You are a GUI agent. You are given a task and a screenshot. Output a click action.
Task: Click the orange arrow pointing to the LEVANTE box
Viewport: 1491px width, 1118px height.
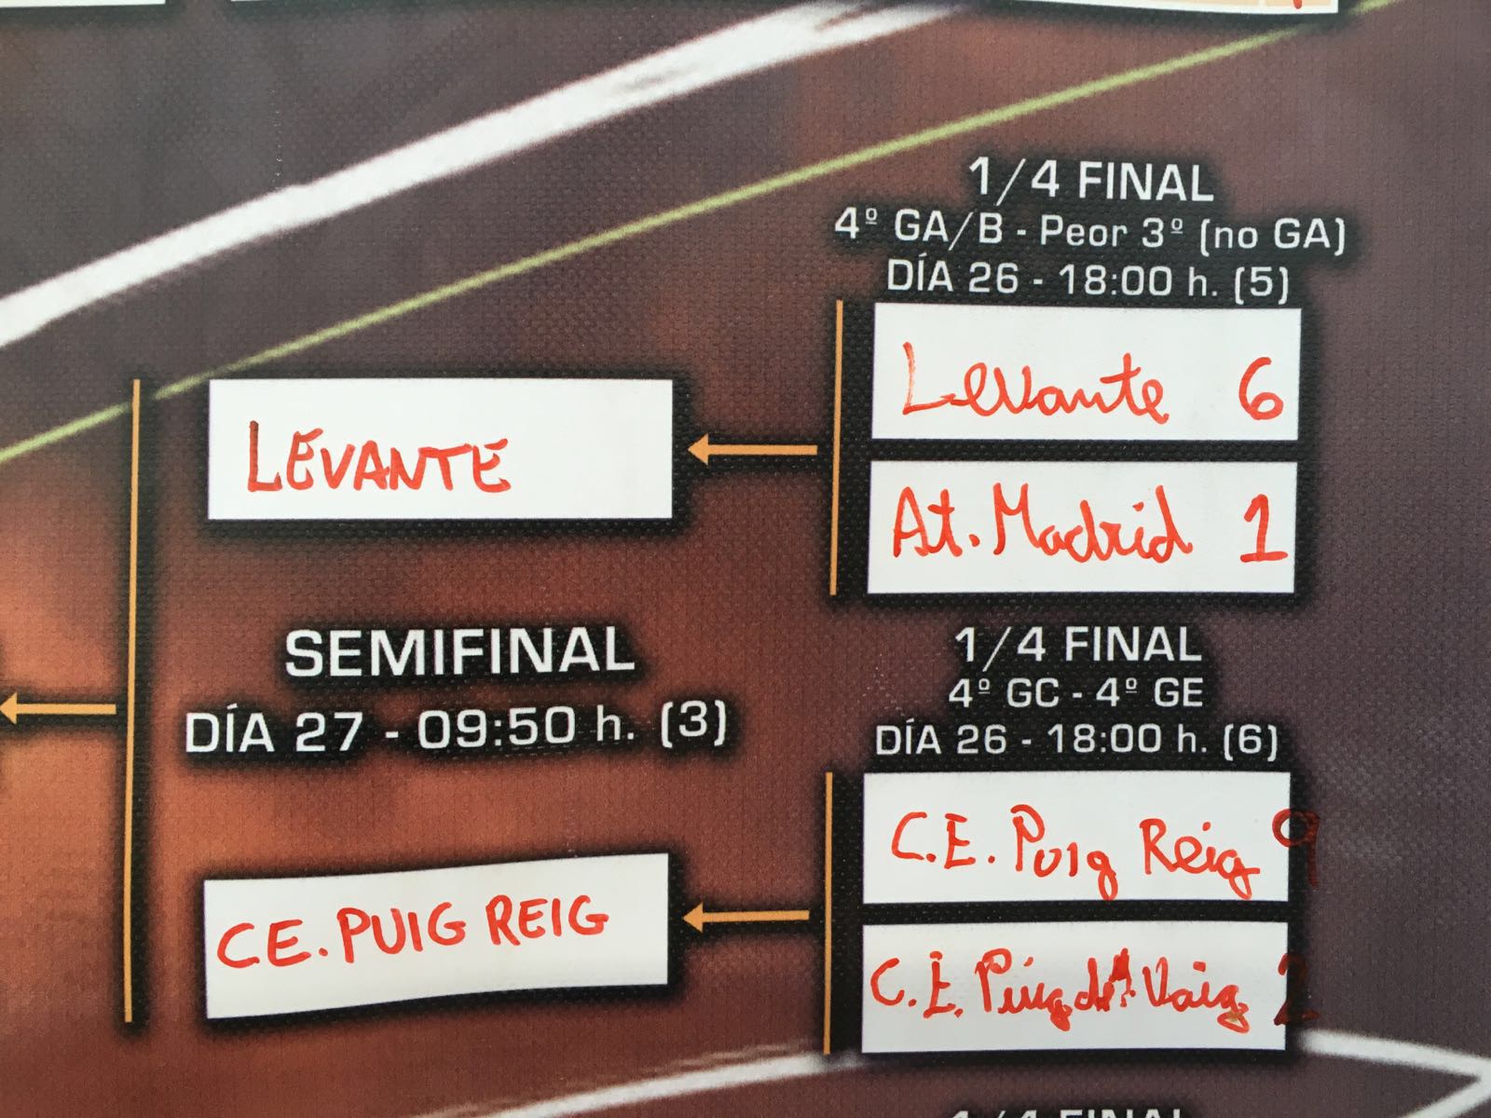(751, 452)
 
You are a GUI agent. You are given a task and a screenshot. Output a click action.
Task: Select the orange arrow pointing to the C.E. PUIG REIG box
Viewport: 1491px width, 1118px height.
(746, 918)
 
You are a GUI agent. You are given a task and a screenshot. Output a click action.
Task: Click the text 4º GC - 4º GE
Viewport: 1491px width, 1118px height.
(1076, 693)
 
